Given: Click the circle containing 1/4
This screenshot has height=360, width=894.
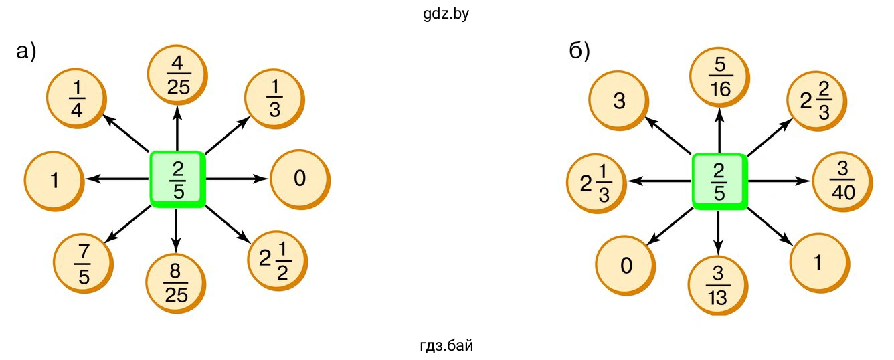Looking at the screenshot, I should coord(76,99).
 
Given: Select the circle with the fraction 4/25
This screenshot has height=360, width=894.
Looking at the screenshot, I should coord(177,76).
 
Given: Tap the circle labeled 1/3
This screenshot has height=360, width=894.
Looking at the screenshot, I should coord(274,99).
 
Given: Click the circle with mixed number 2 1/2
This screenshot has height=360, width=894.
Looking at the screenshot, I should coord(276,258).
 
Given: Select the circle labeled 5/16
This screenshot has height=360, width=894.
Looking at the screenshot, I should coord(720,78).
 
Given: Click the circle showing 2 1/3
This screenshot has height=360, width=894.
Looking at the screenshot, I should coord(595,181).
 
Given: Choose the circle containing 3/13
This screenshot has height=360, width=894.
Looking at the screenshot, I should coord(718,284).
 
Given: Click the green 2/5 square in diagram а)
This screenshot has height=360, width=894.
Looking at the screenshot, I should coord(177,179).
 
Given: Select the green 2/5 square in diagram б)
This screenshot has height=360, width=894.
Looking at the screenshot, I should coord(719,181).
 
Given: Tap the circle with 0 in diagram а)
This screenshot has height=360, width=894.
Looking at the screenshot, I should coord(299,179).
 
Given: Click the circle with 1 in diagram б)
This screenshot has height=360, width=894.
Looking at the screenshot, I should coord(818,263).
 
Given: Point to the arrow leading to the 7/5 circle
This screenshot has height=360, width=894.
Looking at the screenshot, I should coord(127,223).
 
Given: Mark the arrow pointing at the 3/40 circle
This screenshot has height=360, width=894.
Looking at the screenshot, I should coord(779,181).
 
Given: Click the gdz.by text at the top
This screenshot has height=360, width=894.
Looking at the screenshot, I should coord(446,14).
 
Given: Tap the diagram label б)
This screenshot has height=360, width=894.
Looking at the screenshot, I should coord(579,52).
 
